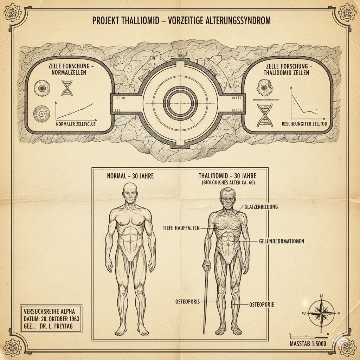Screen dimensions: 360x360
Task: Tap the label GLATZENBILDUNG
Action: (261, 207)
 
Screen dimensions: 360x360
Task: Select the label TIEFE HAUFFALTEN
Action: (180, 228)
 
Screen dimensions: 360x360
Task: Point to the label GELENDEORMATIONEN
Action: (281, 242)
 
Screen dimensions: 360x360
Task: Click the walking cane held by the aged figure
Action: (205, 299)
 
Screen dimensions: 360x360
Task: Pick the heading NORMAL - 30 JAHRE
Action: (130, 176)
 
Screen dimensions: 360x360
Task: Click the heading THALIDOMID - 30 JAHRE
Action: (227, 176)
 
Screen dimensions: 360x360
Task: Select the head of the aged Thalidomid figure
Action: (228, 200)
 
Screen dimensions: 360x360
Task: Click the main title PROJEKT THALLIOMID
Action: (181, 21)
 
